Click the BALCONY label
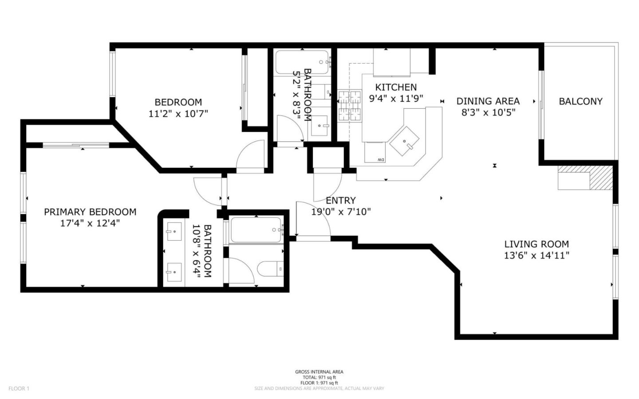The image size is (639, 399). [x=580, y=101]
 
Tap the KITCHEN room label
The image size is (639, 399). [x=396, y=87]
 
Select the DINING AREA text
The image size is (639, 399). [x=488, y=101]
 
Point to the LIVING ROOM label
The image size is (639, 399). [x=536, y=244]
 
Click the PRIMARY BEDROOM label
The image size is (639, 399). [x=90, y=212]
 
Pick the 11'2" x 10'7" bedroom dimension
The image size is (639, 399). [x=178, y=114]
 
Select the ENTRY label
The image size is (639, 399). [x=340, y=201]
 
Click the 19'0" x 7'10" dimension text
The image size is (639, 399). [x=340, y=212]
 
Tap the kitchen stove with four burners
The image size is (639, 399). [x=350, y=106]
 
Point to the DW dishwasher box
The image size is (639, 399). [x=375, y=153]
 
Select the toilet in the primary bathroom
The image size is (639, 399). [x=270, y=268]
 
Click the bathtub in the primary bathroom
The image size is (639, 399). [x=256, y=229]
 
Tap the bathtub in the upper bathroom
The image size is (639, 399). [x=302, y=63]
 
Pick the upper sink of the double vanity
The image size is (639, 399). [x=174, y=231]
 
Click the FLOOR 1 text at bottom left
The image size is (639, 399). [x=19, y=388]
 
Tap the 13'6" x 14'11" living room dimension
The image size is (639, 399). [x=536, y=255]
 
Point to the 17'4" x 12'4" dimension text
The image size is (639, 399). [x=90, y=223]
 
